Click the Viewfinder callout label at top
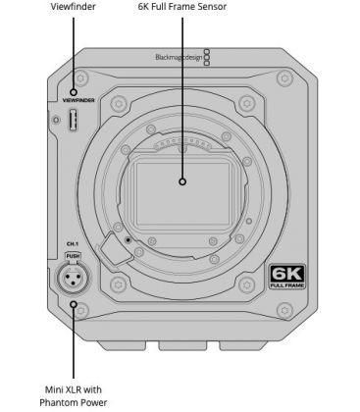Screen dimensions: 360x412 [74, 6]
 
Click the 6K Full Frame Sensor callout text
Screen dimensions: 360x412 [182, 6]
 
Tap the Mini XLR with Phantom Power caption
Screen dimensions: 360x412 [74, 396]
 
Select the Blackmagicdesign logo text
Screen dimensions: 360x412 [179, 57]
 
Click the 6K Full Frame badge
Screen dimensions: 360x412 [287, 277]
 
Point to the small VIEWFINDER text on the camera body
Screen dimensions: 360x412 [78, 100]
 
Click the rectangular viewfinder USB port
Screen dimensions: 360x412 [74, 120]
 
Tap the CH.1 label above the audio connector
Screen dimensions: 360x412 [73, 244]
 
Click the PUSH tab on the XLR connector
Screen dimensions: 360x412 [73, 256]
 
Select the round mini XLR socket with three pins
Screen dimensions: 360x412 [74, 278]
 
